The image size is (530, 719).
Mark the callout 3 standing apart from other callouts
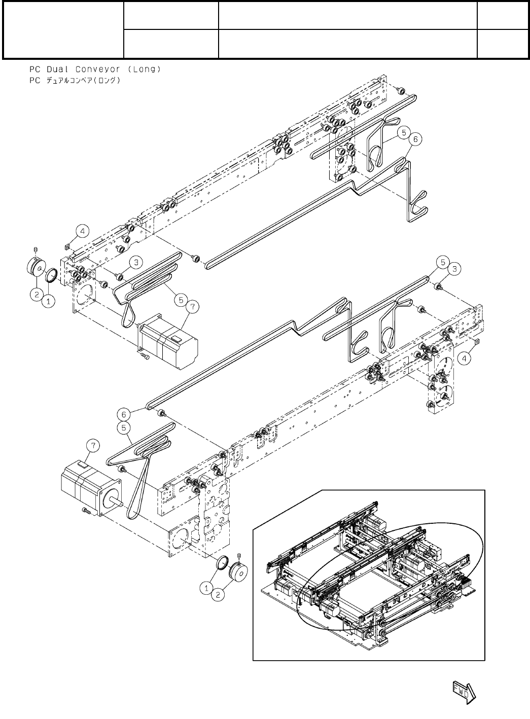(x=135, y=262)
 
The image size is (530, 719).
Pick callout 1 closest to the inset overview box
(x=205, y=587)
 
